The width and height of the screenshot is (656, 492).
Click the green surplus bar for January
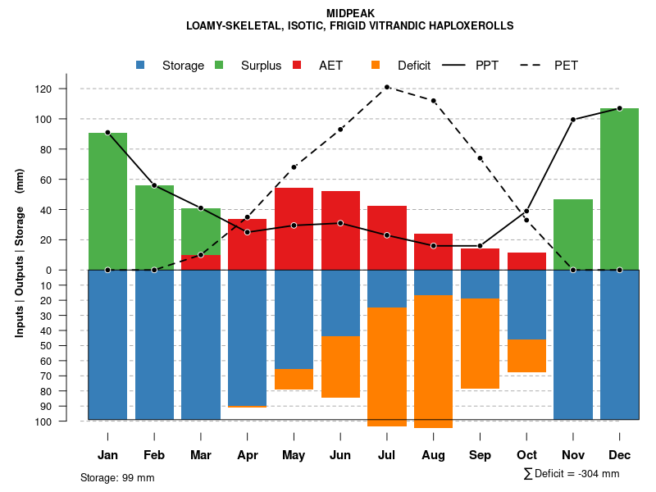click(107, 201)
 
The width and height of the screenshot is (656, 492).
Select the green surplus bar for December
click(619, 189)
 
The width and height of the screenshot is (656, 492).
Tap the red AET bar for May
click(294, 229)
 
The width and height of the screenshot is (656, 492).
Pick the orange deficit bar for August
click(433, 361)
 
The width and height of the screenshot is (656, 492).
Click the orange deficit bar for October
click(526, 356)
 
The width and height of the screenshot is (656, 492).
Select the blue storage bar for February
click(154, 344)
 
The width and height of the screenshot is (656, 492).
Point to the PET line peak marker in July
click(386, 87)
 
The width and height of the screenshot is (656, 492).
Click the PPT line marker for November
click(573, 120)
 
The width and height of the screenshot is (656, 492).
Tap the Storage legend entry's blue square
click(140, 66)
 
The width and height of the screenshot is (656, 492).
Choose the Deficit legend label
click(414, 66)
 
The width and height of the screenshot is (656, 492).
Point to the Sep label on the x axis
click(480, 455)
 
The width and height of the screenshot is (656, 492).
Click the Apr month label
click(247, 455)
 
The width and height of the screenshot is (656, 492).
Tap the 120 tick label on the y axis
click(66, 89)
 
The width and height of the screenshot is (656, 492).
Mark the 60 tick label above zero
click(69, 180)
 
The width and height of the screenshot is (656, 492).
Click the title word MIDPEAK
click(350, 13)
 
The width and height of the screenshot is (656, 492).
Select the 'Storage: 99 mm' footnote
click(117, 477)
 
